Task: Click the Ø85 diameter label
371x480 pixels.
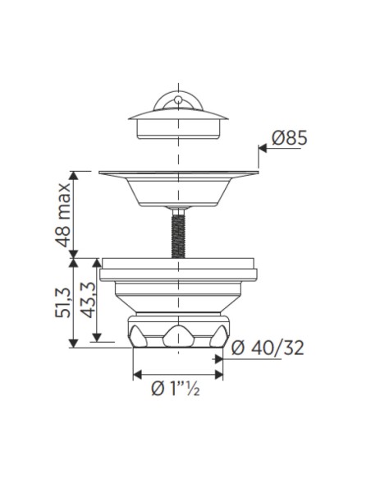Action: [289, 137]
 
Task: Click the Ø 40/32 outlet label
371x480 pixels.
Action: [268, 348]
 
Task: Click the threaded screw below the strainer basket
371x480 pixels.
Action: [178, 233]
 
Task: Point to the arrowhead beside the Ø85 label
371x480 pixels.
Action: [263, 148]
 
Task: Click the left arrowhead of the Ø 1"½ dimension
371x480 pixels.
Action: [137, 374]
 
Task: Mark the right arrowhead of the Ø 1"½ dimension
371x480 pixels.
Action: [219, 374]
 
